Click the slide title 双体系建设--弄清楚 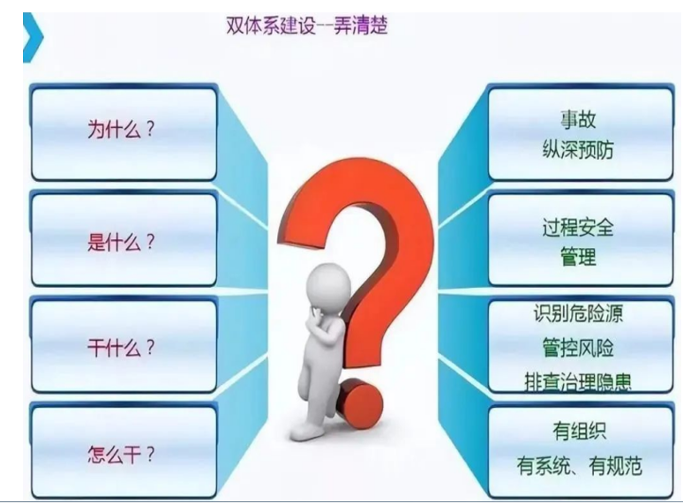click(x=307, y=26)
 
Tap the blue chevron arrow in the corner click(x=33, y=37)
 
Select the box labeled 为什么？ click(x=124, y=133)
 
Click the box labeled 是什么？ click(x=124, y=239)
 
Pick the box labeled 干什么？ click(x=124, y=346)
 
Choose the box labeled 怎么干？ click(x=124, y=452)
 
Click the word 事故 click(x=578, y=119)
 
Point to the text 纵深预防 click(x=578, y=150)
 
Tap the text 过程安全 click(x=578, y=228)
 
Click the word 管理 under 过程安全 click(x=578, y=256)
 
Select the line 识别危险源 click(x=578, y=312)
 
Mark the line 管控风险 click(x=578, y=348)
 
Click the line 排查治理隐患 click(x=578, y=382)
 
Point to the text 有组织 click(x=579, y=432)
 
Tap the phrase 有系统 click(x=544, y=466)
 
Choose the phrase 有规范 click(x=615, y=466)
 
